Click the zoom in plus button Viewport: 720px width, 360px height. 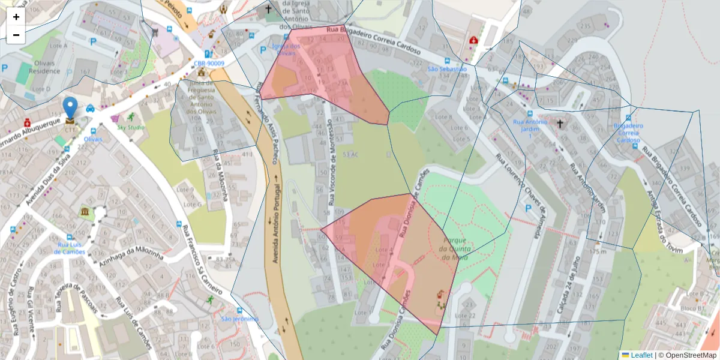pyautogui.click(x=16, y=17)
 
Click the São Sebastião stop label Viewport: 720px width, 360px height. pyautogui.click(x=446, y=69)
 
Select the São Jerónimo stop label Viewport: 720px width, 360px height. pyautogui.click(x=239, y=319)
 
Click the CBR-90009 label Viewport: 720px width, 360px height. pyautogui.click(x=209, y=63)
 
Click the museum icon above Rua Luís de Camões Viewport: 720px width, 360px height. pyautogui.click(x=85, y=212)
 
